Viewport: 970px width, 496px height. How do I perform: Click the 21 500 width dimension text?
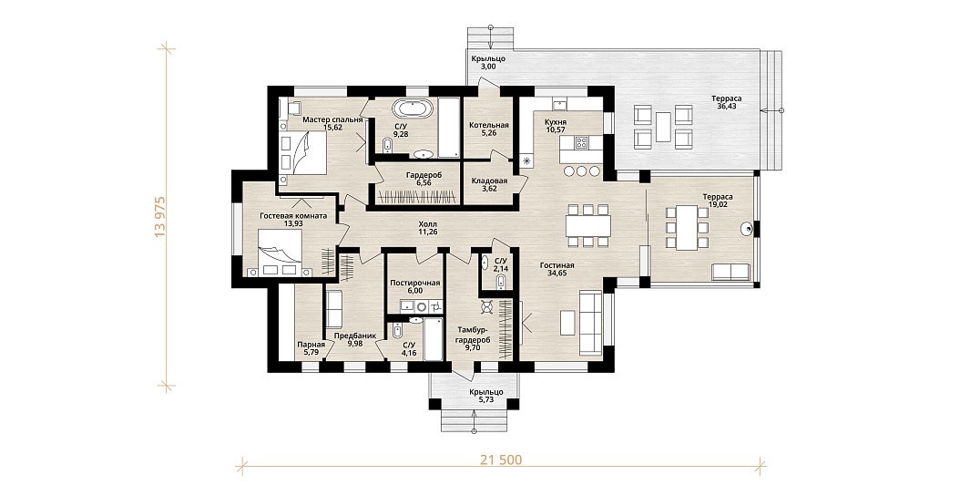click(501, 460)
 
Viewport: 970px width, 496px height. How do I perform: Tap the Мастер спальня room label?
click(332, 119)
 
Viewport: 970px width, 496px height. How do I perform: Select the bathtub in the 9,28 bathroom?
click(414, 109)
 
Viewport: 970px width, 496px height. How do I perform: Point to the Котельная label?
click(489, 125)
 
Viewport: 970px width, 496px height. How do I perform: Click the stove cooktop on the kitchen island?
click(581, 144)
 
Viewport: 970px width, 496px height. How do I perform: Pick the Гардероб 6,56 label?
click(424, 179)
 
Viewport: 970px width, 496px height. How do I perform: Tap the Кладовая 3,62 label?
click(489, 184)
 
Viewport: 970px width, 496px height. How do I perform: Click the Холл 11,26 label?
click(427, 228)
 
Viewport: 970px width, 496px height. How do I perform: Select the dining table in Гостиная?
click(588, 225)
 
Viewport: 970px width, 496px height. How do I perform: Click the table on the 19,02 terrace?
click(687, 227)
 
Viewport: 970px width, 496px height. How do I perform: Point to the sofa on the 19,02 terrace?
click(731, 271)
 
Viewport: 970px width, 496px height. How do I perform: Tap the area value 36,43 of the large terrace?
click(726, 106)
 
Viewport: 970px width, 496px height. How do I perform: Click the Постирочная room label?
click(415, 283)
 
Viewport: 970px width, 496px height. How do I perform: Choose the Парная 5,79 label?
click(311, 348)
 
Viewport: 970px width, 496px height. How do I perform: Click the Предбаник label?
click(355, 336)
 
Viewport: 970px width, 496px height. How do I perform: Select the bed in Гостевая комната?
click(280, 252)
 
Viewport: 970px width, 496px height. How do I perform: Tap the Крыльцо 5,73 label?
click(486, 397)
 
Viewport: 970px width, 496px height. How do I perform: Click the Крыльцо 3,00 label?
click(489, 63)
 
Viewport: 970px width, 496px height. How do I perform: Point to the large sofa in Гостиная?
click(589, 322)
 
